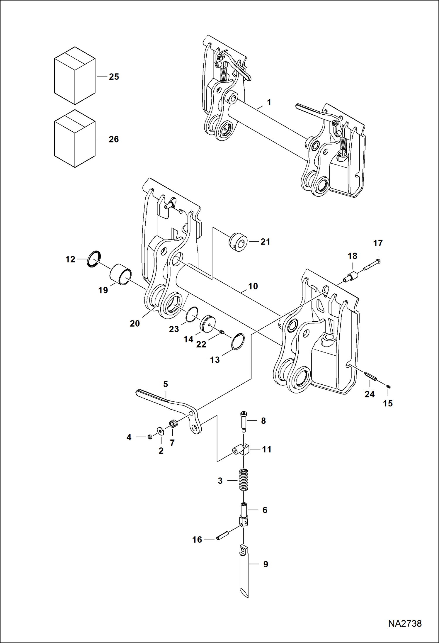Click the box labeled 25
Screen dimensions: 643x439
coord(74,76)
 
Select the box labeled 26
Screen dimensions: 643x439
coord(74,139)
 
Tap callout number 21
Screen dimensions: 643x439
coord(265,242)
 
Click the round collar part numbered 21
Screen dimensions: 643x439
coord(238,242)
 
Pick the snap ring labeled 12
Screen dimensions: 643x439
coord(94,259)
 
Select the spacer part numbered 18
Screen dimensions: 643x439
coord(352,276)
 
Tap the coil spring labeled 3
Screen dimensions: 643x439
coord(244,480)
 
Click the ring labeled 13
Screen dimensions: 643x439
coord(238,341)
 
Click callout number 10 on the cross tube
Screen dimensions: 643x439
coord(253,286)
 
